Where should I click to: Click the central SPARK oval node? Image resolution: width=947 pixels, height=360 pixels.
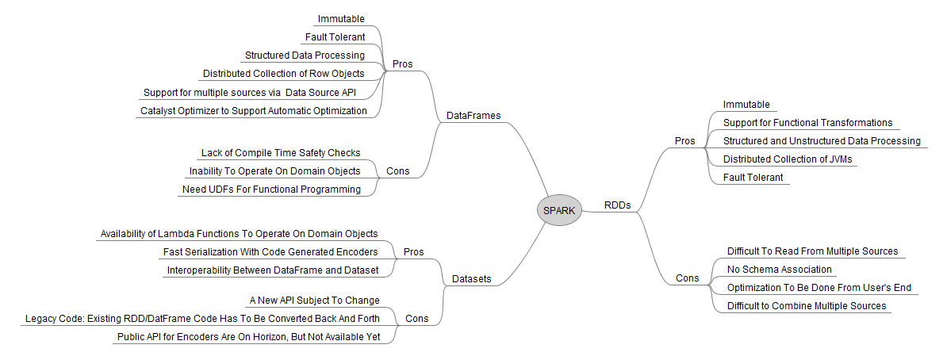point(559,211)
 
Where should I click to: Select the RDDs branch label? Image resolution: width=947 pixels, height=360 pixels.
point(617,205)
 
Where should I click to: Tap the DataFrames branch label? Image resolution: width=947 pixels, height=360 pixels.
point(473,115)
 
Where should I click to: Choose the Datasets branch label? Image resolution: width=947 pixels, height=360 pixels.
point(472,279)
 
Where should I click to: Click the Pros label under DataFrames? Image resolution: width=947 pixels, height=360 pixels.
point(403,64)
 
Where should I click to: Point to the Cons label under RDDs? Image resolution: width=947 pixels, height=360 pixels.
point(688,278)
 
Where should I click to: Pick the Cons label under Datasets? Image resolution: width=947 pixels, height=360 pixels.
point(416,318)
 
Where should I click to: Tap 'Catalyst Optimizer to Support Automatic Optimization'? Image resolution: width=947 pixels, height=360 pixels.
point(254,110)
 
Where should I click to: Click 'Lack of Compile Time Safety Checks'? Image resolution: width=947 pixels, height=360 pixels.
point(281,153)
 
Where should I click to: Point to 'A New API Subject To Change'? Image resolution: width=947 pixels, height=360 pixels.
point(315,301)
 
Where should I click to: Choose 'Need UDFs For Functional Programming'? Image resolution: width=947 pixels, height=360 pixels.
point(272,189)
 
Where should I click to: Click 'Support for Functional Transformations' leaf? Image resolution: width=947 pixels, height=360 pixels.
point(807,123)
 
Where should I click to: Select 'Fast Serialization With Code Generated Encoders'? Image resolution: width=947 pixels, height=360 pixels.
point(270,251)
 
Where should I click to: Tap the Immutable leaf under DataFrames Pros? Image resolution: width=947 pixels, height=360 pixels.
point(341,19)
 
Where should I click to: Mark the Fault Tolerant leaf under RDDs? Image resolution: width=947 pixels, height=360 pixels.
point(753,178)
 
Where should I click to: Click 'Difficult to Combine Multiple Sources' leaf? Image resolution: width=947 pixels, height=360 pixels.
point(807,305)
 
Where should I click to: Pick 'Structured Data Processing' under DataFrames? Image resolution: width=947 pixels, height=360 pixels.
point(305,55)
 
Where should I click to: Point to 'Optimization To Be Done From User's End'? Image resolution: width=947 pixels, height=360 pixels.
point(819,288)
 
